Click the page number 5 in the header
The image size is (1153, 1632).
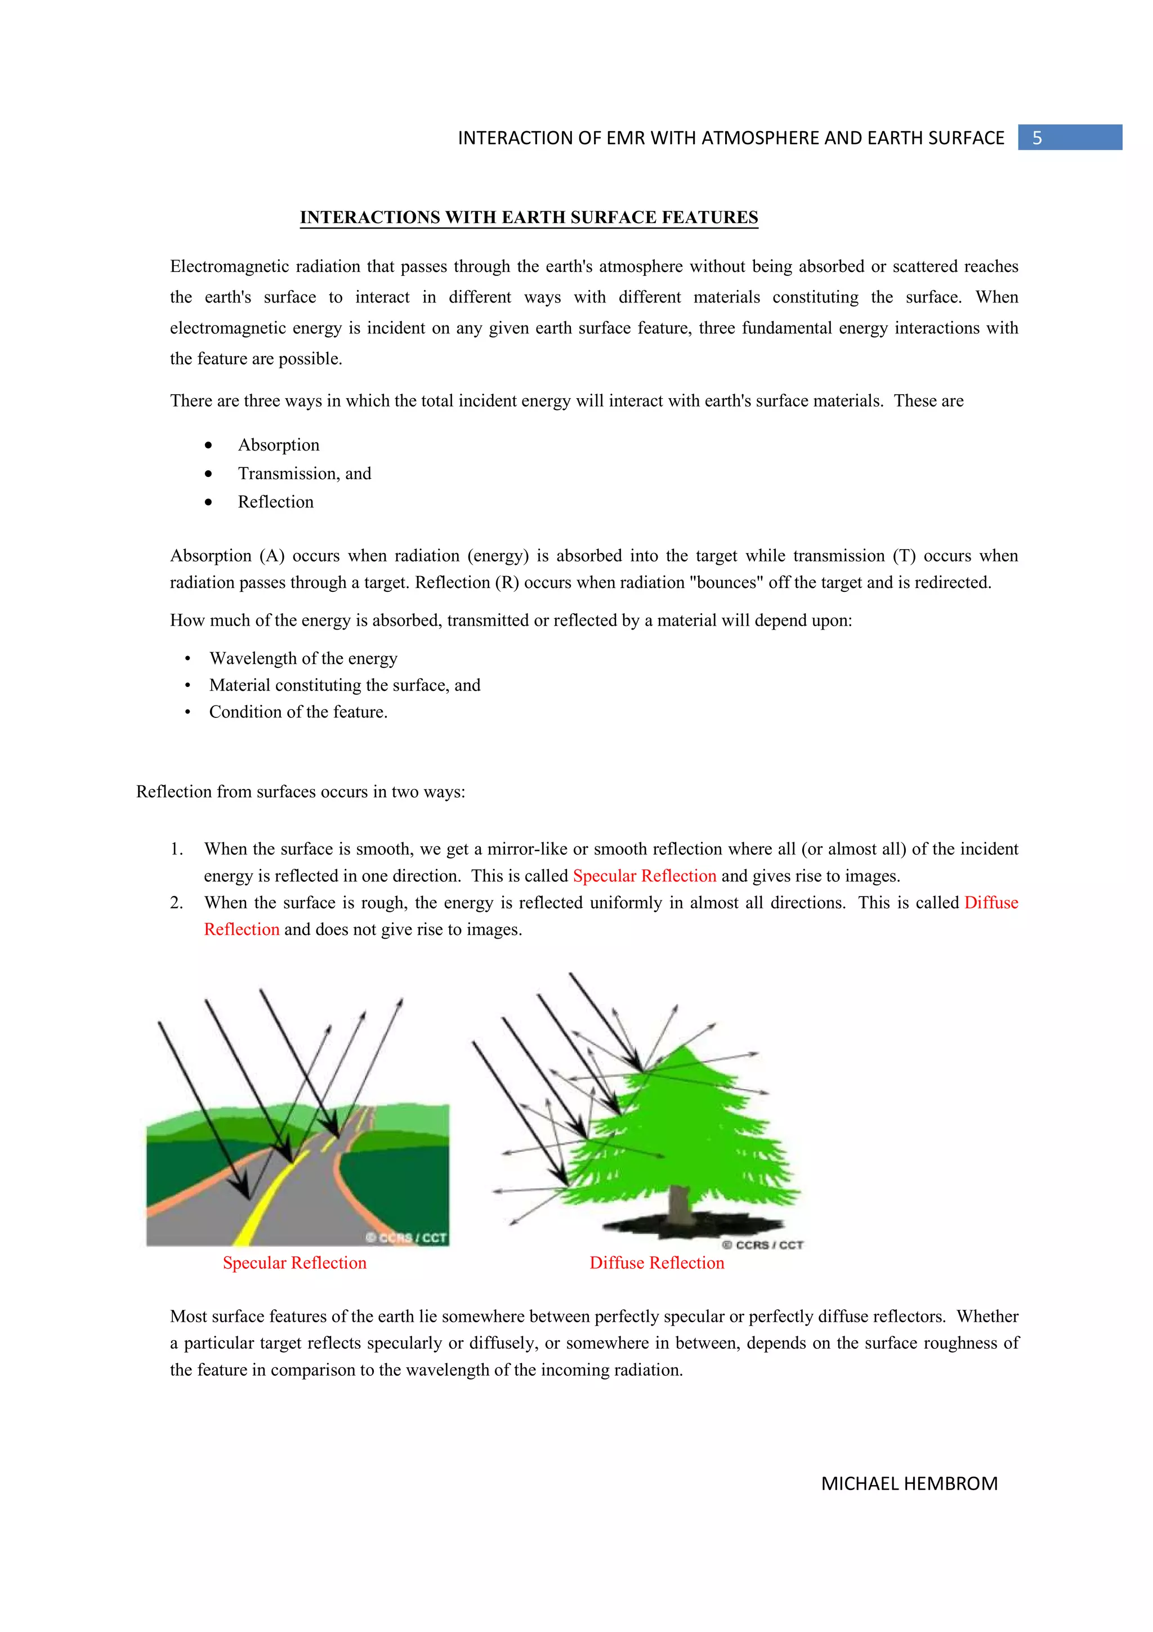[x=1036, y=138]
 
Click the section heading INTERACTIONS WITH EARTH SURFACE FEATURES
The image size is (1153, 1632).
[x=529, y=217]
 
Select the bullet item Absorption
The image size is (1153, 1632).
[x=279, y=445]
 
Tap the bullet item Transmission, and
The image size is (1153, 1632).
[x=304, y=474]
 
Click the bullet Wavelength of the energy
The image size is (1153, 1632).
[x=303, y=658]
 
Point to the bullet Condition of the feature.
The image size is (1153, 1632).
[x=298, y=711]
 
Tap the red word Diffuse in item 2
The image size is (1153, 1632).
[x=990, y=903]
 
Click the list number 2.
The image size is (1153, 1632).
[x=176, y=903]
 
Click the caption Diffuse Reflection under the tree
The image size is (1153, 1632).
[x=656, y=1263]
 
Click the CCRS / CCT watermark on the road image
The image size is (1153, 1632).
[x=406, y=1237]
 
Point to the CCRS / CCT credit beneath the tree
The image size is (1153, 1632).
[x=762, y=1245]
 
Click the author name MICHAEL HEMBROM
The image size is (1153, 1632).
[x=909, y=1483]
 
